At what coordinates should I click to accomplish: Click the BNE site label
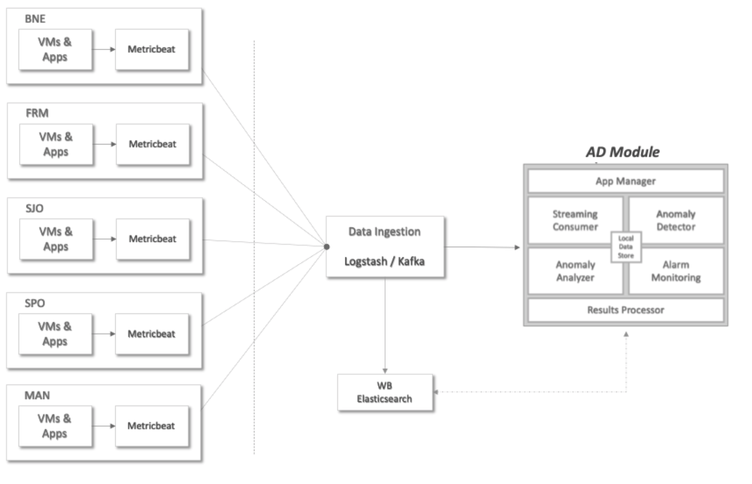[35, 19]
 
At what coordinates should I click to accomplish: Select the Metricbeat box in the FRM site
[152, 144]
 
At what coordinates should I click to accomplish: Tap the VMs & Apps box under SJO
[56, 239]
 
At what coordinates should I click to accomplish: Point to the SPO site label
[35, 303]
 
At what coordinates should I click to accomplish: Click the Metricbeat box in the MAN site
[152, 426]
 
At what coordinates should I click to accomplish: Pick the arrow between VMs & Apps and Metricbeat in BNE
[104, 49]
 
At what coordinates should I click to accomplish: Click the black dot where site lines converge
[327, 247]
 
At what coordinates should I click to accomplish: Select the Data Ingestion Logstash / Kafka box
[385, 247]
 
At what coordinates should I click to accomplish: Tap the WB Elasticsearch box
[385, 392]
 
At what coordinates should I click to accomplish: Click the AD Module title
[622, 152]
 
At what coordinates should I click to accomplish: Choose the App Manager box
[626, 181]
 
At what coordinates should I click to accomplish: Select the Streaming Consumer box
[575, 220]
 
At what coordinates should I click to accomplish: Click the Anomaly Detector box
[676, 220]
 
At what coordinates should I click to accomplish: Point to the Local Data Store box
[626, 247]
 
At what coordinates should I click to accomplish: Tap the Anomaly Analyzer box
[575, 271]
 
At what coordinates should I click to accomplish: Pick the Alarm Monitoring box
[676, 271]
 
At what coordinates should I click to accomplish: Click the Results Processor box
[626, 310]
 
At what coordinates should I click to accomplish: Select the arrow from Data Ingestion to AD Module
[482, 247]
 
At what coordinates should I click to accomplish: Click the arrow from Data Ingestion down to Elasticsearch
[385, 325]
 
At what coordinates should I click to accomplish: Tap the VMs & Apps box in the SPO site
[55, 334]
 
